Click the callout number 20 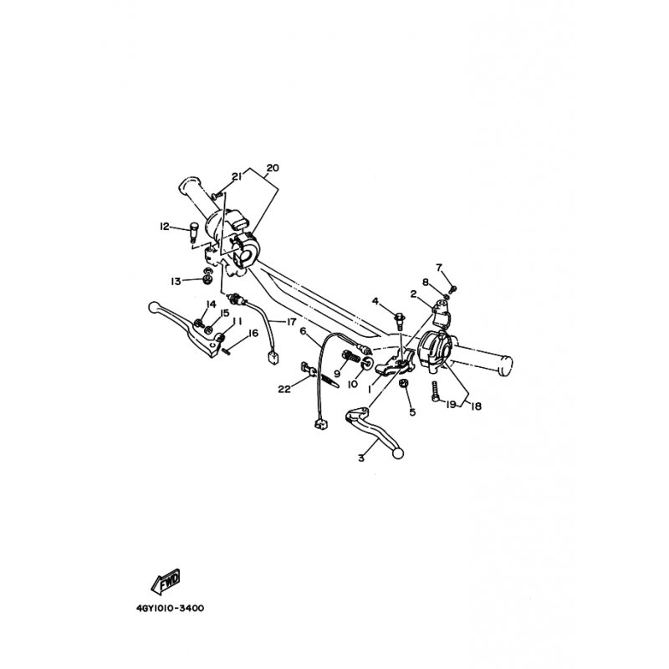(271, 167)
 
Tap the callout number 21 (237, 176)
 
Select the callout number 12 (165, 226)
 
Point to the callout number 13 (176, 280)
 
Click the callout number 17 (292, 322)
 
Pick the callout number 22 (284, 389)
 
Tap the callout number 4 (375, 300)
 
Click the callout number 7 (438, 267)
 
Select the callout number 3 (361, 457)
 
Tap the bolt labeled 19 (436, 391)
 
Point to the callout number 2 (413, 294)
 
